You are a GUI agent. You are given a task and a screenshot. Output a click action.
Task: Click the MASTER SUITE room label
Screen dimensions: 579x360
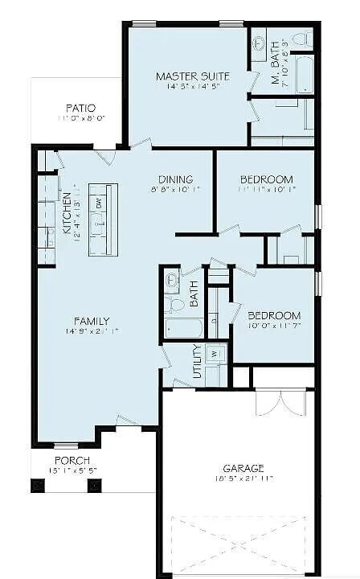tap(193, 76)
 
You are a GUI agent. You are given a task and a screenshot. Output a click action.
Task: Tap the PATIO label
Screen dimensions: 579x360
tap(81, 108)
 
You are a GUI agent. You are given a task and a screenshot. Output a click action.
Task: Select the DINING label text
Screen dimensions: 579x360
tap(174, 179)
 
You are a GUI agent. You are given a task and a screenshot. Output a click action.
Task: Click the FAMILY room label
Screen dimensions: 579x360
tap(92, 321)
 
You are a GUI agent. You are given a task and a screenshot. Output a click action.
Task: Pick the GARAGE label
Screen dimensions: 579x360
tap(243, 468)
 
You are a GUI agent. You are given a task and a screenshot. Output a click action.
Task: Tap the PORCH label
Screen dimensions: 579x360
tap(72, 460)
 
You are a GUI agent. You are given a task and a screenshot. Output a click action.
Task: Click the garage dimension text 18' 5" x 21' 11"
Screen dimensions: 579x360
tap(243, 479)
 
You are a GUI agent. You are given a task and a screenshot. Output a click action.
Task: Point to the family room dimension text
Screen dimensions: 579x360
tap(92, 331)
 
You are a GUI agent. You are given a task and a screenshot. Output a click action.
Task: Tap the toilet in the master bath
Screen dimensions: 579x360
tap(301, 38)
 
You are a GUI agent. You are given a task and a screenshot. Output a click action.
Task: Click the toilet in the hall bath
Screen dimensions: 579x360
tap(173, 282)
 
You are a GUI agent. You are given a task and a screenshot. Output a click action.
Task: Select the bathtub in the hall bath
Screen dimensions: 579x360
tap(182, 328)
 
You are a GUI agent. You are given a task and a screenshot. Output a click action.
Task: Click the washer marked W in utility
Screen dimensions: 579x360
tap(214, 353)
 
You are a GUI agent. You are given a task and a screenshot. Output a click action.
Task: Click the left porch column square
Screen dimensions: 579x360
tap(35, 485)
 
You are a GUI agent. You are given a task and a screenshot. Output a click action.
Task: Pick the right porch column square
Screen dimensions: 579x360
tap(93, 485)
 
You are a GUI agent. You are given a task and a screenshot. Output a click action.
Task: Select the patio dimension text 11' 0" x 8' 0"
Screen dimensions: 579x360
tap(81, 118)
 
